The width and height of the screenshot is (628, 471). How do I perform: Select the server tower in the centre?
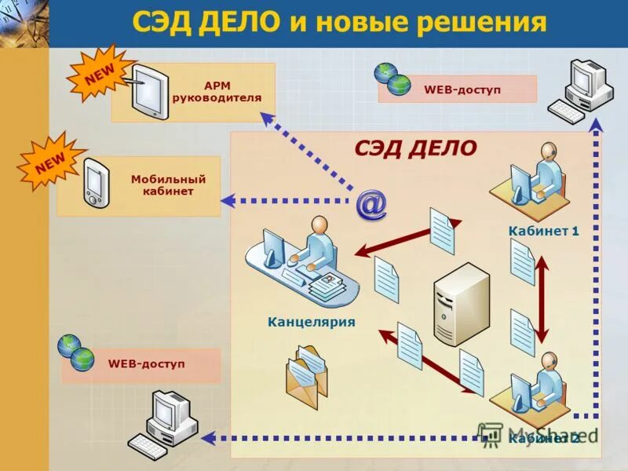(461, 305)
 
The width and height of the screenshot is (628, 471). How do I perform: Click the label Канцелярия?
(312, 322)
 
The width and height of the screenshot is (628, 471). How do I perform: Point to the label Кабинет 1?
(543, 231)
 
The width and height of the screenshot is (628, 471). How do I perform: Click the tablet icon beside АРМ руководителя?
(149, 92)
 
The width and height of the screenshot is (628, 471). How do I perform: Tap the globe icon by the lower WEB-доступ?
(76, 353)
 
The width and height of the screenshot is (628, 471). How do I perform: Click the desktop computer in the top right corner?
(582, 89)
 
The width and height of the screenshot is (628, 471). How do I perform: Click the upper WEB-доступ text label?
(462, 89)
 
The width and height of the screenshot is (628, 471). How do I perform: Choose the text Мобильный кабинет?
(162, 185)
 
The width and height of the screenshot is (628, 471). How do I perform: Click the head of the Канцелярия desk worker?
(319, 225)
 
